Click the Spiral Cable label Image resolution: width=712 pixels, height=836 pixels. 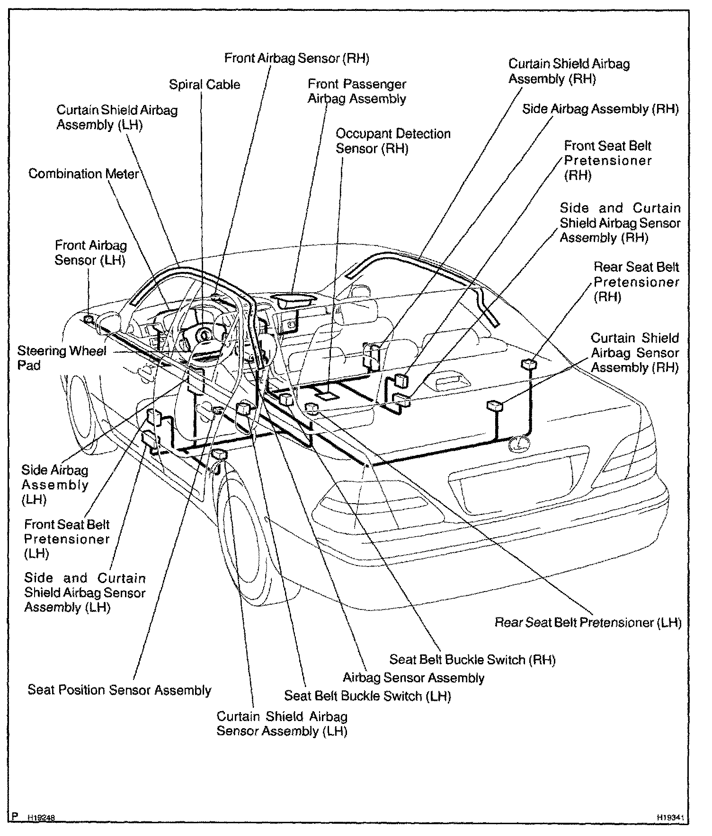pyautogui.click(x=205, y=85)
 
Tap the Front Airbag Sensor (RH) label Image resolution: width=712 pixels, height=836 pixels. pyautogui.click(x=296, y=58)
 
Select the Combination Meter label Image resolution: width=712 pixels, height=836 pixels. pyautogui.click(x=84, y=174)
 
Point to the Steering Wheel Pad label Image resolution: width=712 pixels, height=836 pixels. pyautogui.click(x=62, y=358)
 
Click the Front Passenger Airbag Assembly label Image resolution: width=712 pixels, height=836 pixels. pyautogui.click(x=357, y=91)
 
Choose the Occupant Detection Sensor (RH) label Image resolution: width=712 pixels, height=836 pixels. pyautogui.click(x=393, y=141)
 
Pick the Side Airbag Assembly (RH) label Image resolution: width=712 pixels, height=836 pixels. pyautogui.click(x=600, y=109)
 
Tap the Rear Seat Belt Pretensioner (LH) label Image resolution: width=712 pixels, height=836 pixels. pyautogui.click(x=588, y=622)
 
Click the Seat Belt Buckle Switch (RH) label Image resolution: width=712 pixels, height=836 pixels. pyautogui.click(x=472, y=660)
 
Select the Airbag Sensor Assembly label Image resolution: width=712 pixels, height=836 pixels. pyautogui.click(x=413, y=678)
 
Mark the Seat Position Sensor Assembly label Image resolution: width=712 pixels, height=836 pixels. pyautogui.click(x=119, y=690)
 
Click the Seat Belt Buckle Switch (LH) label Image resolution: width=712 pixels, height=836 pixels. pyautogui.click(x=367, y=696)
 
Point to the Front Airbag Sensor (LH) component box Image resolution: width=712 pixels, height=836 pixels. pyautogui.click(x=89, y=320)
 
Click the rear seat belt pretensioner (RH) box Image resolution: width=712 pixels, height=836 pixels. pyautogui.click(x=528, y=364)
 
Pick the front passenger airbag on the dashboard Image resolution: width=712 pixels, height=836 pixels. pyautogui.click(x=294, y=299)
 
